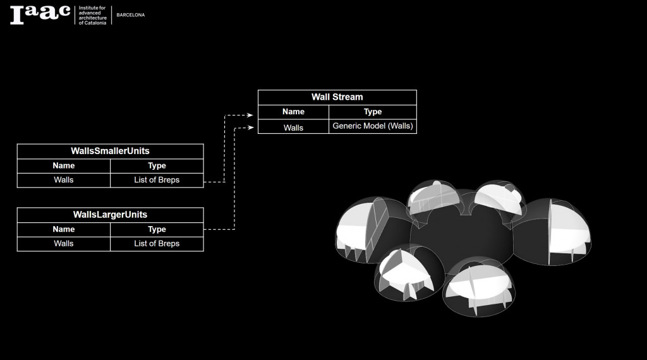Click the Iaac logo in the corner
39,14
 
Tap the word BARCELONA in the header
131,15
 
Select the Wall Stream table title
337,97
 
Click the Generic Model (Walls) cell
372,126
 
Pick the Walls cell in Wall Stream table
293,127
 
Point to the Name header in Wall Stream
293,112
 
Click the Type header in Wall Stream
372,112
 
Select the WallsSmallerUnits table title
110,151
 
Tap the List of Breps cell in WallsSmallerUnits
157,180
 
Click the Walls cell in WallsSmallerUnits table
64,180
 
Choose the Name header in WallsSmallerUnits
64,165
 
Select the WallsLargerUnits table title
110,215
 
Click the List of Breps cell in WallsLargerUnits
157,244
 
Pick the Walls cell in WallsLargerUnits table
64,244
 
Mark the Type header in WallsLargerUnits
157,229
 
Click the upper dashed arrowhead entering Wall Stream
250,116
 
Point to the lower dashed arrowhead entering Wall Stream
250,128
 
